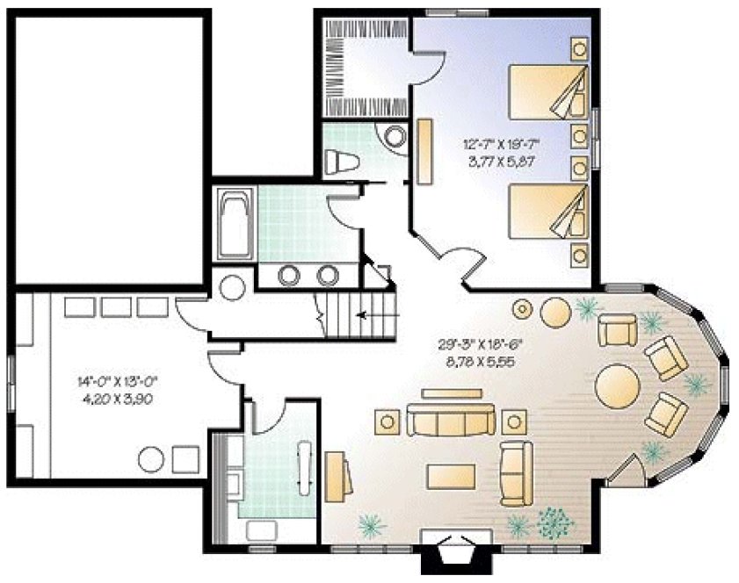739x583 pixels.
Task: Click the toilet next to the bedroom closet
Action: coord(339,162)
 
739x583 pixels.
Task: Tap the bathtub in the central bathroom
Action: coord(233,226)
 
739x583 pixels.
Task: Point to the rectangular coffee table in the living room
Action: coord(451,475)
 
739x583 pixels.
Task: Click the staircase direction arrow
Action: coord(369,313)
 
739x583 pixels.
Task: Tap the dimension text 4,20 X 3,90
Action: coord(120,397)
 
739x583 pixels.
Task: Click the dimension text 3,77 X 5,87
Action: coord(500,162)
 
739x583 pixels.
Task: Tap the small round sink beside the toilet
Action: coord(393,137)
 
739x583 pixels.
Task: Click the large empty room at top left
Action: coord(109,145)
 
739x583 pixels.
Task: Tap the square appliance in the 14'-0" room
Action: coord(185,457)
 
